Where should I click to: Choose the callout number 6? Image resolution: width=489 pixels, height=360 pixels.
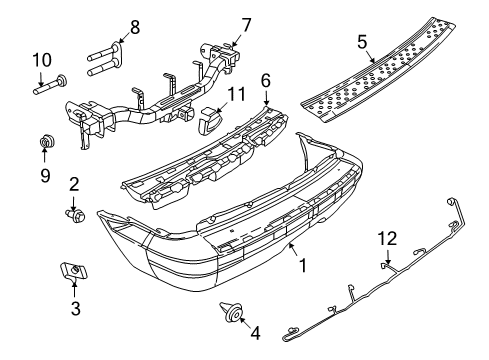(266, 80)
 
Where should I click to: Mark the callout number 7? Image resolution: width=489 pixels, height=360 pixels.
(247, 22)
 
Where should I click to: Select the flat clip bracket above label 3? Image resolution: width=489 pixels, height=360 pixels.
(70, 271)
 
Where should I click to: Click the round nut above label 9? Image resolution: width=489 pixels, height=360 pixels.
(46, 141)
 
